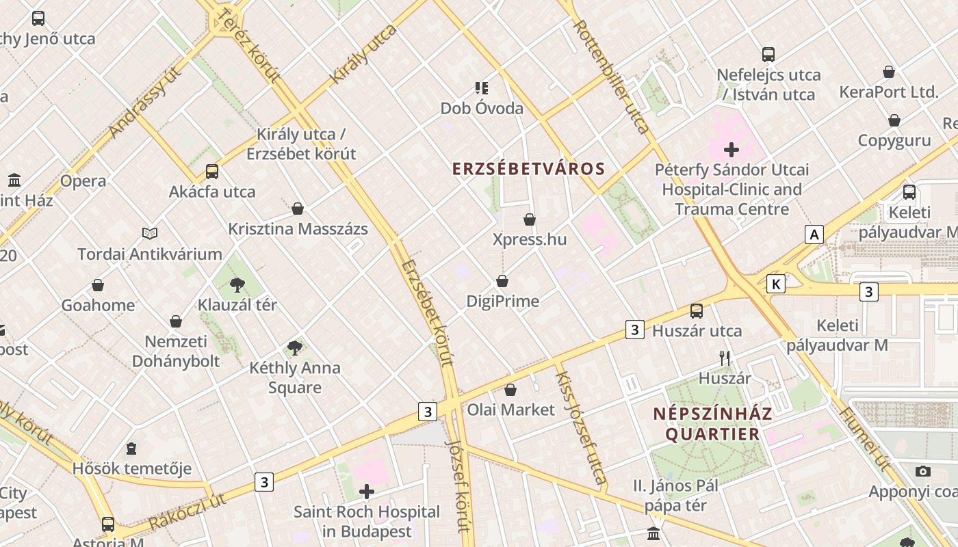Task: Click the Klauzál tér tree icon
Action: click(237, 284)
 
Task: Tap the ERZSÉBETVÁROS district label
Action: click(529, 169)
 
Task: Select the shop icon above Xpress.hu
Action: click(529, 219)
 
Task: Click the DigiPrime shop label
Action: click(502, 301)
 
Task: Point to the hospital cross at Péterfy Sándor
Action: click(732, 149)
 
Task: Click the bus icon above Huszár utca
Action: click(697, 311)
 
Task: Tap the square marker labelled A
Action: click(814, 235)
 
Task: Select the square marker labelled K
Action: click(775, 284)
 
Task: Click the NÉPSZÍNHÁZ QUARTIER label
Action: click(712, 424)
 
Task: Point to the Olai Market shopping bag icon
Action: click(510, 390)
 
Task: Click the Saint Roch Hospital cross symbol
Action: click(367, 491)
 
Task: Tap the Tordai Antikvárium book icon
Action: click(150, 234)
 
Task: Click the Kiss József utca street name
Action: click(580, 427)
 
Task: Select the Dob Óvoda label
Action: click(482, 108)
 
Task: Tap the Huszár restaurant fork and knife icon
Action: click(725, 358)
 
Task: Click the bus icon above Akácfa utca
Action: click(212, 171)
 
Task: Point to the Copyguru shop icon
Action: click(894, 121)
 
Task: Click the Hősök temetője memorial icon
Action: click(131, 449)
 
